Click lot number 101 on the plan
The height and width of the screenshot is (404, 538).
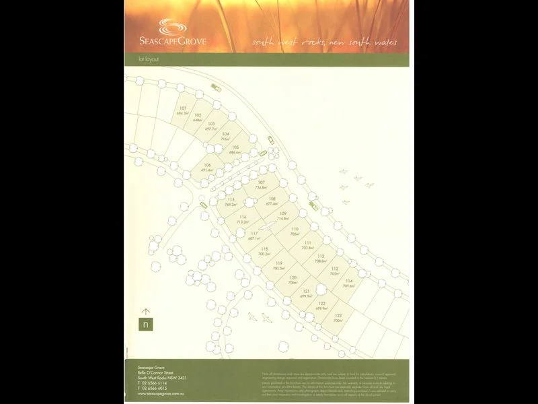point(182,110)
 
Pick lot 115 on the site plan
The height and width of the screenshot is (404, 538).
point(231,202)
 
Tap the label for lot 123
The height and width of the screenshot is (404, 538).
point(338,318)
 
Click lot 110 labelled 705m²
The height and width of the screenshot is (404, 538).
point(295,232)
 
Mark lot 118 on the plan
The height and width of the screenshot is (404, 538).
point(264,251)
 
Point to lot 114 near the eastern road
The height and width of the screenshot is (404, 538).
point(348,283)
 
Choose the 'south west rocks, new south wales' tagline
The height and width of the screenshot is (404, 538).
point(324,42)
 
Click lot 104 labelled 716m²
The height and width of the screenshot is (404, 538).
point(225,136)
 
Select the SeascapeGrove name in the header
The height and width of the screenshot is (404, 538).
point(182,42)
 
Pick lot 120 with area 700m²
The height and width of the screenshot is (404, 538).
point(293,280)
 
